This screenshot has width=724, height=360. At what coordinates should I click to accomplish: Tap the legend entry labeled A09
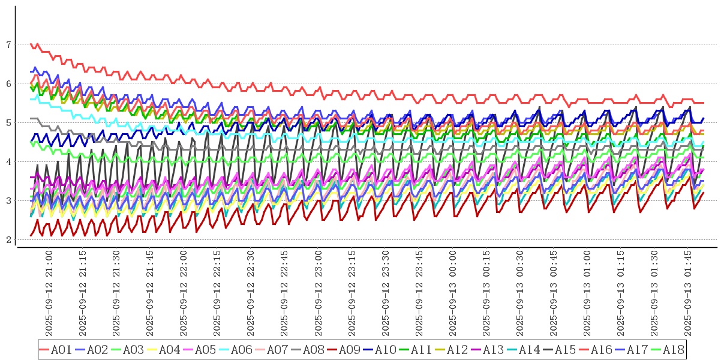(x=349, y=349)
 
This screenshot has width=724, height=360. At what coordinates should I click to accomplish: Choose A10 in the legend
(x=385, y=349)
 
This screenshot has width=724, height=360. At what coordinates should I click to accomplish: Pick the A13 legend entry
(x=493, y=349)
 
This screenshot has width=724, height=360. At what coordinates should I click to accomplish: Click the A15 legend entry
(x=565, y=349)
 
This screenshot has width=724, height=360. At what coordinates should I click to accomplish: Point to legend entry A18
(x=673, y=349)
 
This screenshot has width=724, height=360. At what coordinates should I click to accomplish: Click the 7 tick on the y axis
(x=8, y=44)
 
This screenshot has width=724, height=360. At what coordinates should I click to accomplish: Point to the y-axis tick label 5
(x=8, y=122)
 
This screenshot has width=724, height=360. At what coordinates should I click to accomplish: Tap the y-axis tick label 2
(x=8, y=240)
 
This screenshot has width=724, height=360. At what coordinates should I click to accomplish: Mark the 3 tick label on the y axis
(x=8, y=201)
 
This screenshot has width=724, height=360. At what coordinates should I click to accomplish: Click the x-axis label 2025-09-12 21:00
(x=50, y=294)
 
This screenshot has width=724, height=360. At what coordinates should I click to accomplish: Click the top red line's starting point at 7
(x=31, y=44)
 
